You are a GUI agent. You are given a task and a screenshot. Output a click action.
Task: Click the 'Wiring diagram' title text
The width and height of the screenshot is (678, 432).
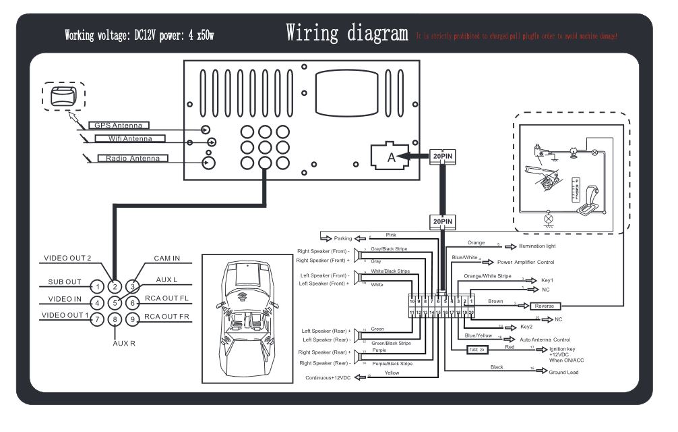pos(347,32)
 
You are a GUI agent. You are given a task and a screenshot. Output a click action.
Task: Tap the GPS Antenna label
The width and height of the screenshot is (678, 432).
pos(119,126)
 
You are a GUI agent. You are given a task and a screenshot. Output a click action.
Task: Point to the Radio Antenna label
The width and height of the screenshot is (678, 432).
pos(133,159)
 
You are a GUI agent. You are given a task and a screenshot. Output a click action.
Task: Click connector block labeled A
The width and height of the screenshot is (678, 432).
pos(389,157)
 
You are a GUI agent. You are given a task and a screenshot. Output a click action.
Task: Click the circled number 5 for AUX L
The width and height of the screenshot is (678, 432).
pos(115,303)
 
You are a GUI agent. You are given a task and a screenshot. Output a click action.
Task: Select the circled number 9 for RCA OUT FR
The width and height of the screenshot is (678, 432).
pos(133,319)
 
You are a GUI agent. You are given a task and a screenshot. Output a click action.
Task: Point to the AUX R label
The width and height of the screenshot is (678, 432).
pos(124,343)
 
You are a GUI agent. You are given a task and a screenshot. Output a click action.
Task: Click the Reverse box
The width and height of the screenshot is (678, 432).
pos(545,306)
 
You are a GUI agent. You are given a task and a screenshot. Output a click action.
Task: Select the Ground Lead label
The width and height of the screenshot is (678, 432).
pos(563,372)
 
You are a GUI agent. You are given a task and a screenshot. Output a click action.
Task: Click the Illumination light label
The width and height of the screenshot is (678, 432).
pos(537,246)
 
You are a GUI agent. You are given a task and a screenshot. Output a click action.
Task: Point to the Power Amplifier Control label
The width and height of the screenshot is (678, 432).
pos(526,262)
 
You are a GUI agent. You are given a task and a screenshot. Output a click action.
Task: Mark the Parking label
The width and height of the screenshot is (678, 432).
pos(344,238)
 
